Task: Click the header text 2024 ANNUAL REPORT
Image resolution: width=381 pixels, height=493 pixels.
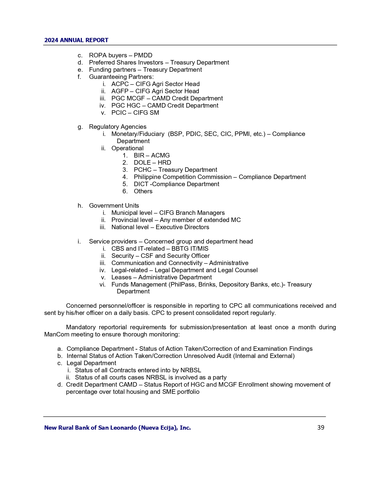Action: point(76,40)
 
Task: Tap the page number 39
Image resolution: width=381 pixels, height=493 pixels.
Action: point(321,428)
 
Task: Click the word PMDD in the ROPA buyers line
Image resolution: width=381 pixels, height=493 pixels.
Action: point(143,55)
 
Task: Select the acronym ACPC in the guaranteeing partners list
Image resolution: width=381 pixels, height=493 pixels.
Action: point(120,84)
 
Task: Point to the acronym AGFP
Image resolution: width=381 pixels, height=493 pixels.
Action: point(120,91)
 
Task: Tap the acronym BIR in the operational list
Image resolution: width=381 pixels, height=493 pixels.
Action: point(139,155)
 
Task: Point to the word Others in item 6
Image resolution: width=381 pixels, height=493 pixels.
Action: point(143,191)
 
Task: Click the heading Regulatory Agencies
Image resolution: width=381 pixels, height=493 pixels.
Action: point(118,127)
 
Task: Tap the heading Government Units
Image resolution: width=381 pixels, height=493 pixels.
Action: point(114,206)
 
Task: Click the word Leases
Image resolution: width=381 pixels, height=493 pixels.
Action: point(121,277)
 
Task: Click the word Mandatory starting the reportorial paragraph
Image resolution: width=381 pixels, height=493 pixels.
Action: point(81,327)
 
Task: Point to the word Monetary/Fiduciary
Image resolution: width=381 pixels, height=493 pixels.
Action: point(138,134)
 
